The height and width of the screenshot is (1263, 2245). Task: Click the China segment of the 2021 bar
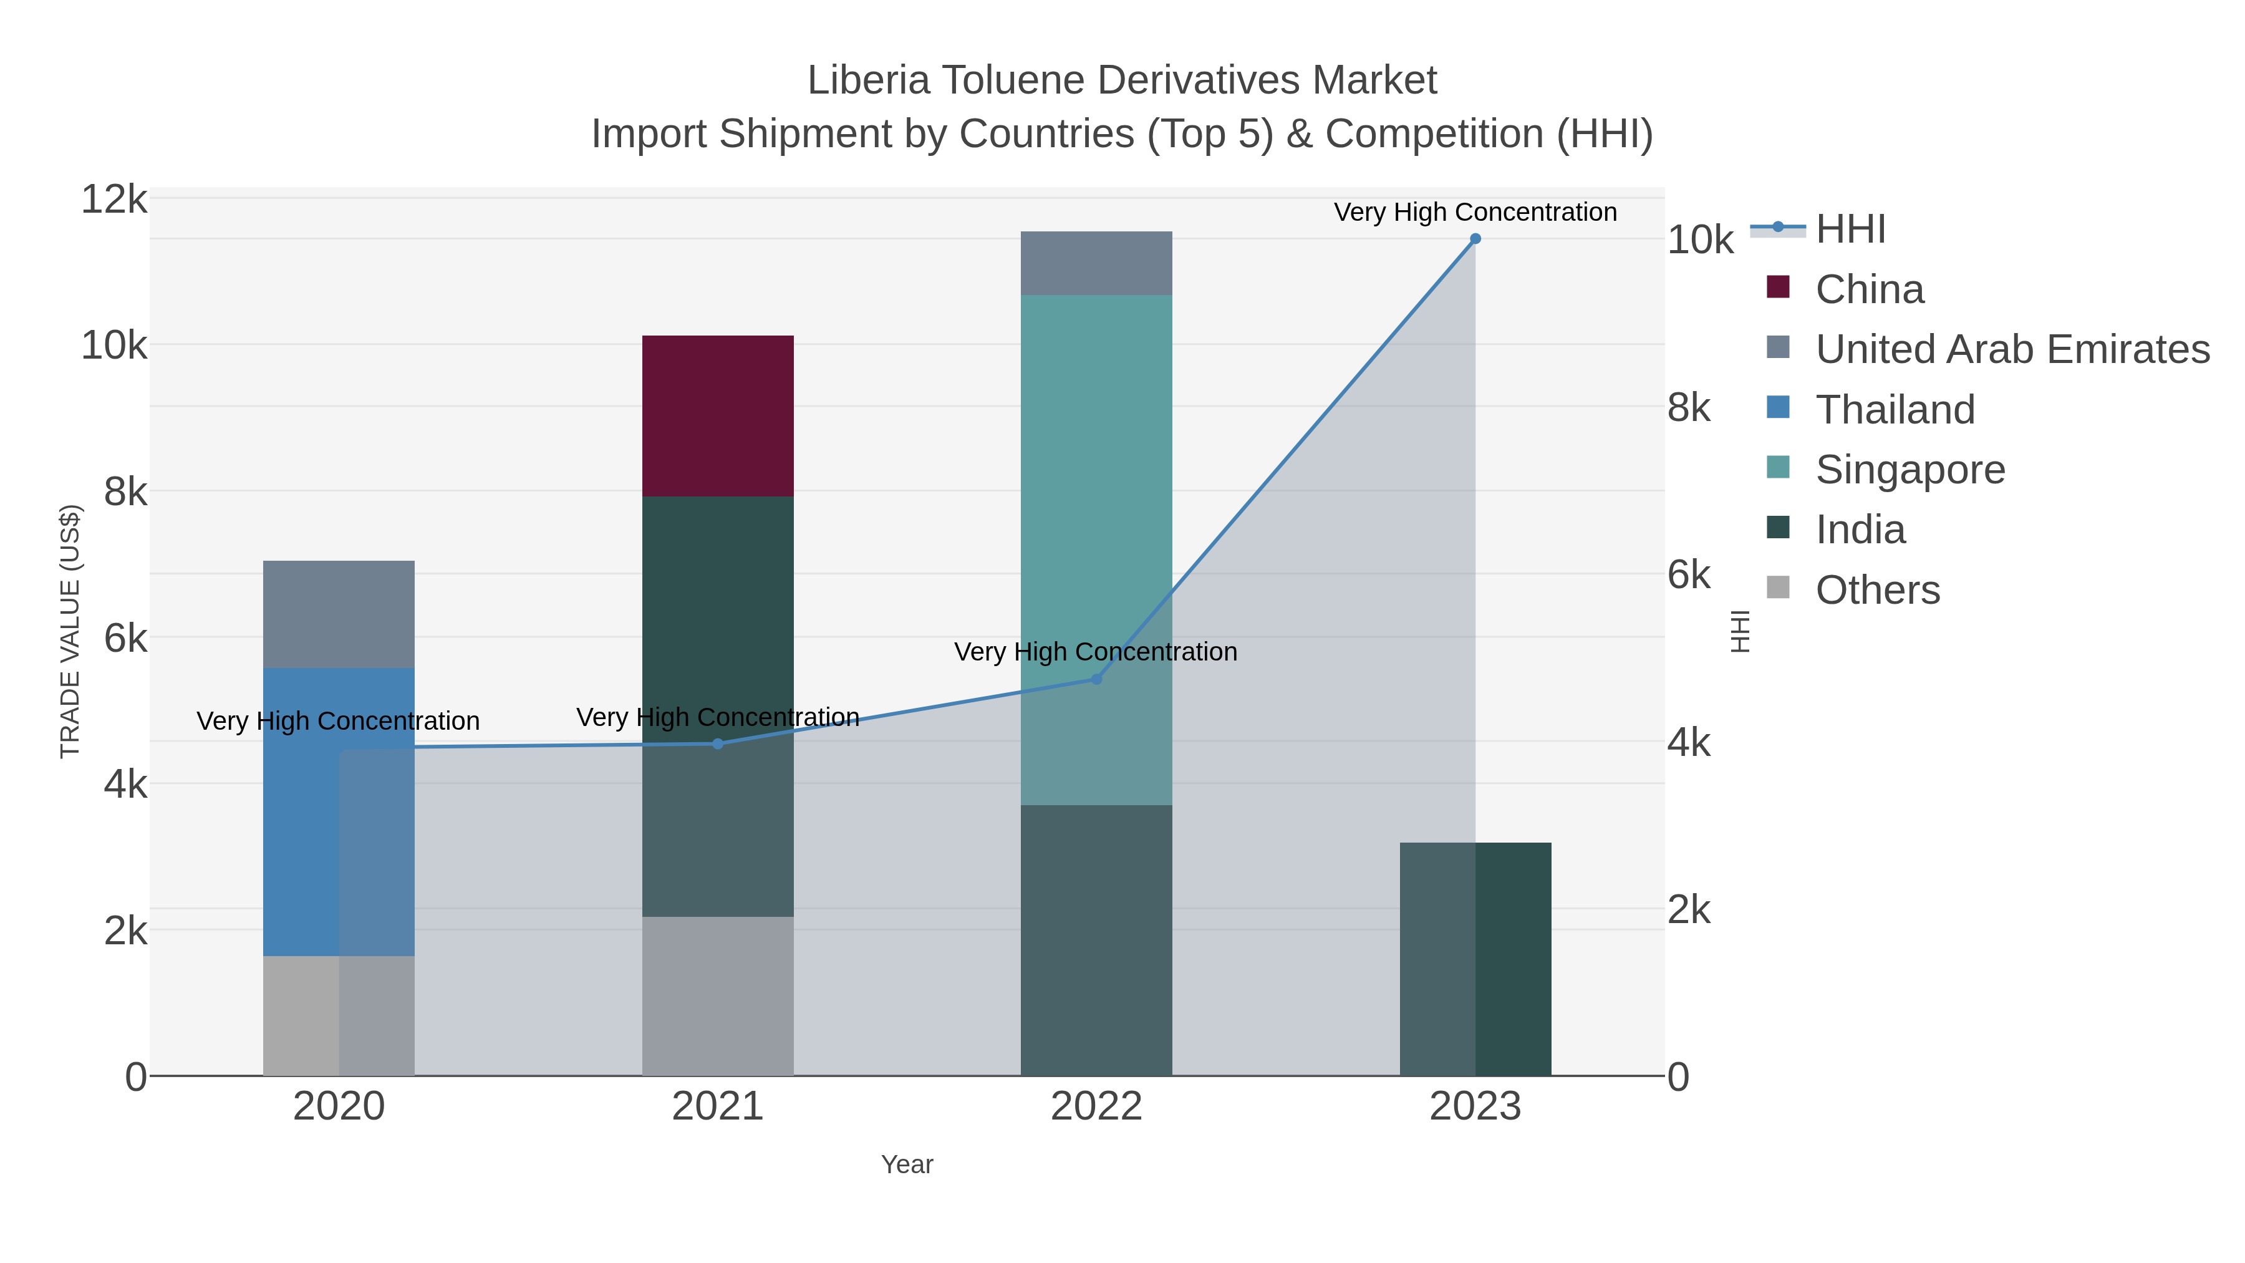(717, 416)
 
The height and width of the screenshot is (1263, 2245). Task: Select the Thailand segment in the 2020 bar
(338, 811)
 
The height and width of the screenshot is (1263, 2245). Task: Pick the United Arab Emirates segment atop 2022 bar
(1096, 263)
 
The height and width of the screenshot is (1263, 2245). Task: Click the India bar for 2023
(1475, 959)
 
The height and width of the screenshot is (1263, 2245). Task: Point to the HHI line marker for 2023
(1475, 238)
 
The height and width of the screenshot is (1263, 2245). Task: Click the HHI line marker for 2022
(1096, 679)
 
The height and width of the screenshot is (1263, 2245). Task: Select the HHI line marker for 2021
(717, 743)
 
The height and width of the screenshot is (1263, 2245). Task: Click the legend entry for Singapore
(1909, 469)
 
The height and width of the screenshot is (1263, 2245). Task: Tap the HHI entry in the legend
(1850, 230)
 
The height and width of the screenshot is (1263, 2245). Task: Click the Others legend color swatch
(1777, 588)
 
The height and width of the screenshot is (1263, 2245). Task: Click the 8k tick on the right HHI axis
(1688, 408)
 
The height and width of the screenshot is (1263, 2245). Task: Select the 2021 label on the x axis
(717, 1106)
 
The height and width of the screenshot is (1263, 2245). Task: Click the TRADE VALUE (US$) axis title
(70, 631)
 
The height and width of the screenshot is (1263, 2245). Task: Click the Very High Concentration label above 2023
(1475, 212)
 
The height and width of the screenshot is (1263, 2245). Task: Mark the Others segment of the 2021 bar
(717, 995)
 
